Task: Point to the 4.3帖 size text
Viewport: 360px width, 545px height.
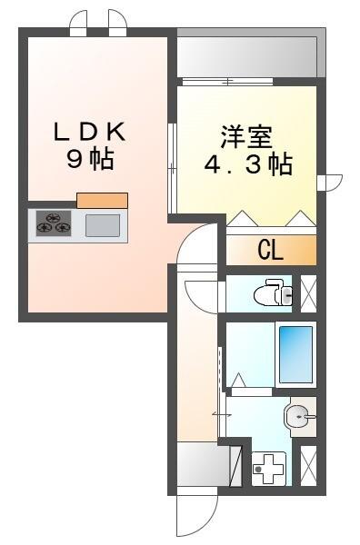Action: [x=245, y=166]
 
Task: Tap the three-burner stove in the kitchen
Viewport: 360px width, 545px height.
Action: [x=55, y=223]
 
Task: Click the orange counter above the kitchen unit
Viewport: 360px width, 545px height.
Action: [x=102, y=200]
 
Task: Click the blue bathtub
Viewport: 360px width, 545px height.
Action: [x=295, y=354]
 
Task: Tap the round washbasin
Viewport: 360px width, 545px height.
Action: [x=299, y=418]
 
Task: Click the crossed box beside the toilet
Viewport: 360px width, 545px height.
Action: [x=309, y=292]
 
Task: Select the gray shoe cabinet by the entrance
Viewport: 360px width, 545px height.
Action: [x=198, y=467]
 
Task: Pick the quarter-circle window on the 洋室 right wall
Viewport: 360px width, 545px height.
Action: [x=331, y=183]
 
